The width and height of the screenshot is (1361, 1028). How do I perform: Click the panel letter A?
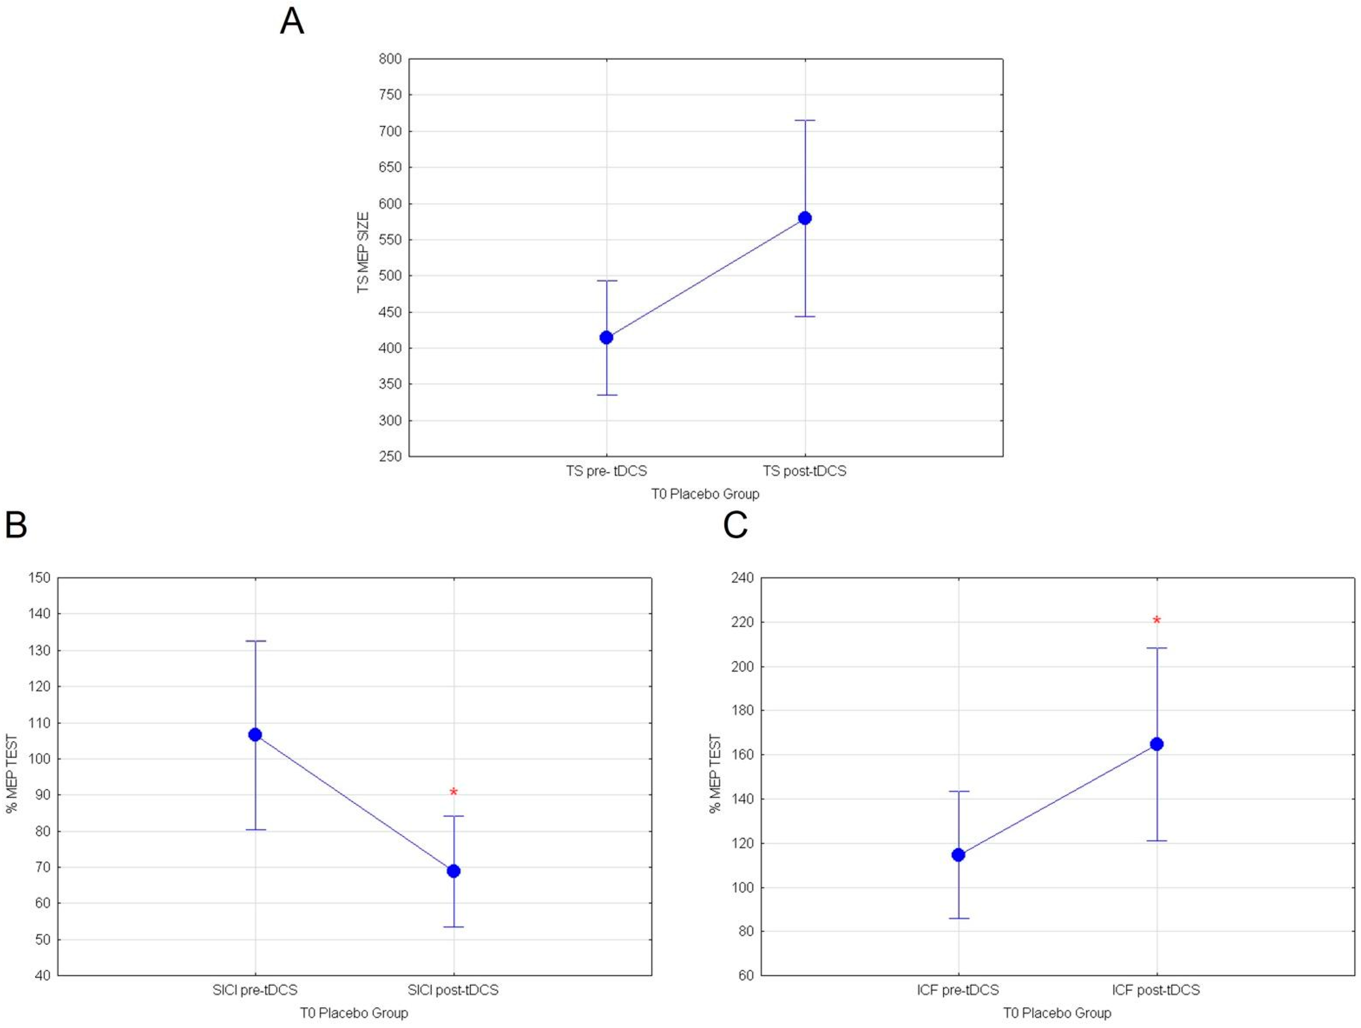pos(292,22)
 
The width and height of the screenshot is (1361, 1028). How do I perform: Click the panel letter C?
pos(735,525)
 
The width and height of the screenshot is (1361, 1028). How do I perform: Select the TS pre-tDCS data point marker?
pos(606,337)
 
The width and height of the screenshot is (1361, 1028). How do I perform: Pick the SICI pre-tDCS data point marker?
pos(255,734)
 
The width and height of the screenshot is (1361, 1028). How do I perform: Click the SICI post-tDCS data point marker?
pos(453,871)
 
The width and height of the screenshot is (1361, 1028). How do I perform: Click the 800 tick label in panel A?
pos(390,59)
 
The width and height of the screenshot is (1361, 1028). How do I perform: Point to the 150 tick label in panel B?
pos(39,578)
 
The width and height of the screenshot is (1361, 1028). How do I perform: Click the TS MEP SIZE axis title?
pos(363,252)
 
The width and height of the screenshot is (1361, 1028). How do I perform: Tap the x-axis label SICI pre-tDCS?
pos(255,990)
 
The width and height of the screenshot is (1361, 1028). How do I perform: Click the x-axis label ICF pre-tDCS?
pos(958,990)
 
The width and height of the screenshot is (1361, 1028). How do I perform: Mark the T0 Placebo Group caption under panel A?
pos(705,494)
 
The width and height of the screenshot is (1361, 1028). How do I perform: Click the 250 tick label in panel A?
pos(390,456)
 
